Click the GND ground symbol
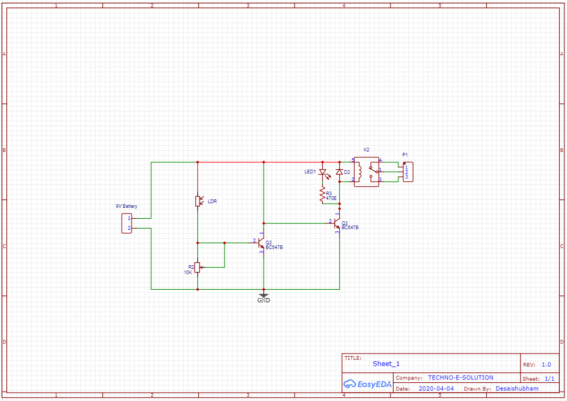pos(264,296)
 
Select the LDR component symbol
pos(198,201)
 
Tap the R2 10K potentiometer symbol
pos(197,267)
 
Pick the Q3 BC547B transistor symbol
pos(337,224)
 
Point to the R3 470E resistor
pos(323,196)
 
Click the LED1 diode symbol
pos(323,172)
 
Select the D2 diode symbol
pos(339,172)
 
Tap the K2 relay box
pos(367,171)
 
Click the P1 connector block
pos(408,172)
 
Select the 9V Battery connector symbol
pos(127,223)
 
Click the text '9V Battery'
pos(126,206)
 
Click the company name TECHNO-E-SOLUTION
pos(460,378)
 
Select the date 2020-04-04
pos(436,388)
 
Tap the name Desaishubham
pos(517,388)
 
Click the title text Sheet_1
pos(386,364)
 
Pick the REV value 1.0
pos(546,364)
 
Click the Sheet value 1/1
pos(549,379)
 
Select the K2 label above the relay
pos(367,150)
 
